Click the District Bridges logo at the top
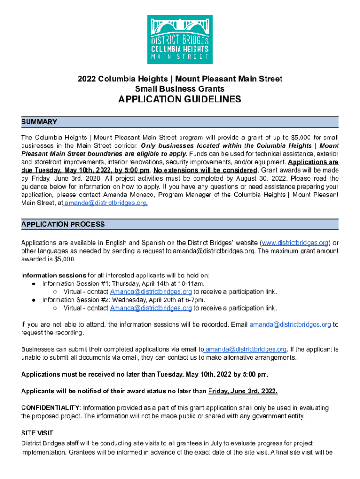(x=180, y=39)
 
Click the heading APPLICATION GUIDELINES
(x=180, y=100)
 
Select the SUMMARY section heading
(x=39, y=122)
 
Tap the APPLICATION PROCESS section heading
(x=63, y=225)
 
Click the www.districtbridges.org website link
(x=295, y=243)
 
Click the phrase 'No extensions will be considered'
(x=205, y=170)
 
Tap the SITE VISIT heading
(x=37, y=433)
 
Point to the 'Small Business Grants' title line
(x=180, y=89)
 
